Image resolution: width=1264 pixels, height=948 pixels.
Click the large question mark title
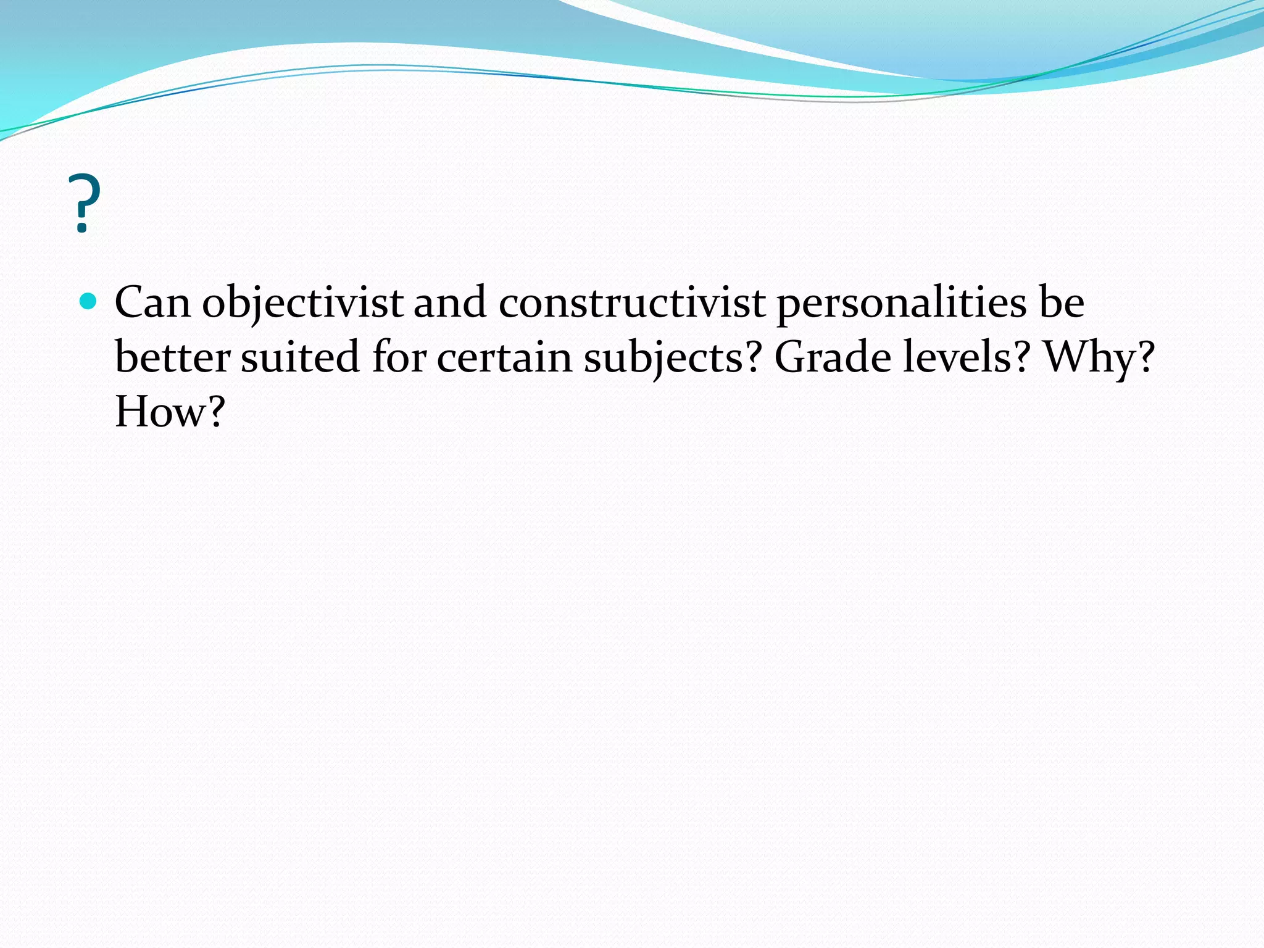click(86, 204)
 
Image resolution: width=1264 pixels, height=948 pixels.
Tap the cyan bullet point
click(89, 301)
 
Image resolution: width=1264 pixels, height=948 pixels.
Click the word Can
click(152, 302)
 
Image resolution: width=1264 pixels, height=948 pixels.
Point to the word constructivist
click(631, 302)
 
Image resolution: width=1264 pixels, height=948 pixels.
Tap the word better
click(172, 357)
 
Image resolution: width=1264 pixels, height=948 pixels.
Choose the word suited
click(299, 357)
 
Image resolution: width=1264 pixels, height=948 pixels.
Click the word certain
click(504, 357)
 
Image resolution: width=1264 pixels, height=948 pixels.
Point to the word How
click(159, 412)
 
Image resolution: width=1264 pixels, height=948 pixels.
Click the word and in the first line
click(449, 302)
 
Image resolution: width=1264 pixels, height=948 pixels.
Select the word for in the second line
click(399, 357)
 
